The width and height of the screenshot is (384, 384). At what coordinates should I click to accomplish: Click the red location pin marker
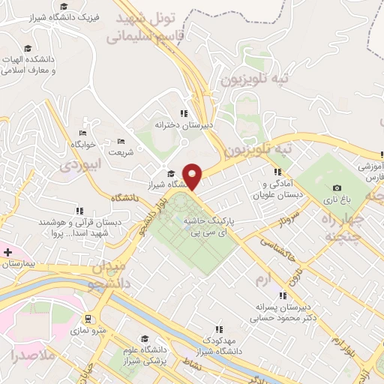click(193, 176)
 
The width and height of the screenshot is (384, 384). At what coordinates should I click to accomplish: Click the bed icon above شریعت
click(121, 141)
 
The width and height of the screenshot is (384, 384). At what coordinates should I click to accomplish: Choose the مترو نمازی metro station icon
click(88, 318)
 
